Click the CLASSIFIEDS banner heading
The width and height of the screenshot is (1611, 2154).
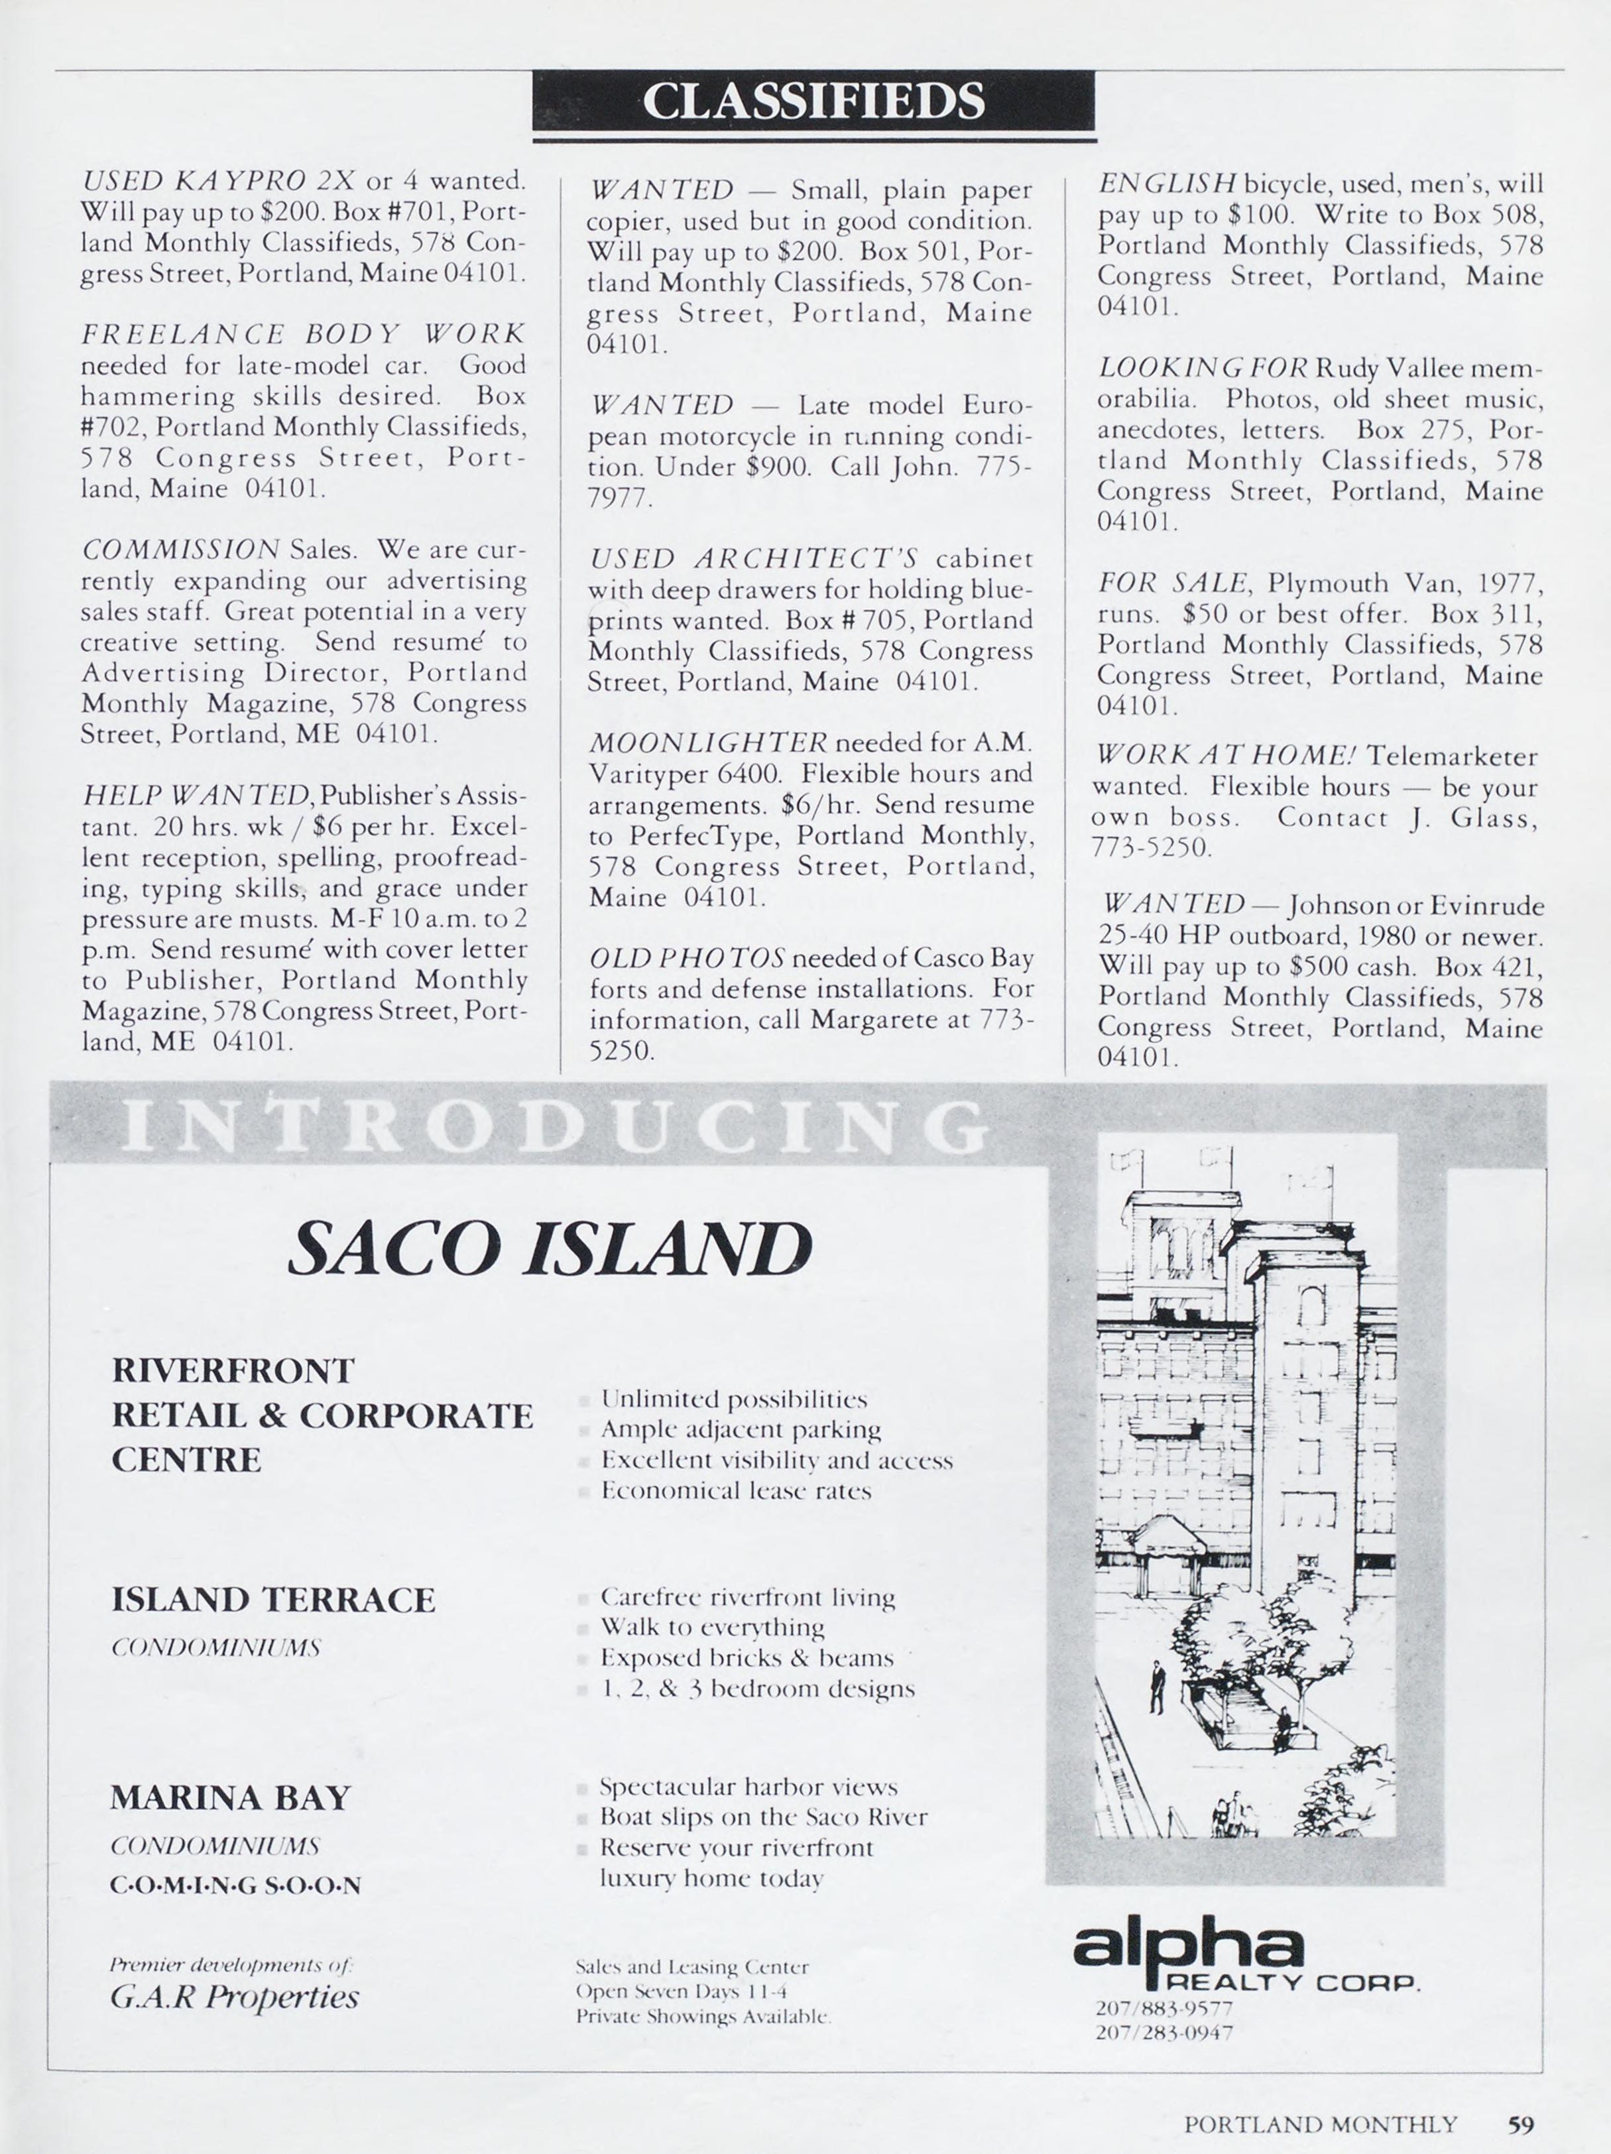813,100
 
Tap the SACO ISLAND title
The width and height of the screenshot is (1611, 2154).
550,1249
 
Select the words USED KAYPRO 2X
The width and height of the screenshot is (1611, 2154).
219,180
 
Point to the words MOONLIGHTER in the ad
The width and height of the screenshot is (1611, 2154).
708,743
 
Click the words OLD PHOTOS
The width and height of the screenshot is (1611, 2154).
687,959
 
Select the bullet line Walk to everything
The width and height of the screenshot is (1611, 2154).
712,1627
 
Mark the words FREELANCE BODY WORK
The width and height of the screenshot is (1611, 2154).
303,334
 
